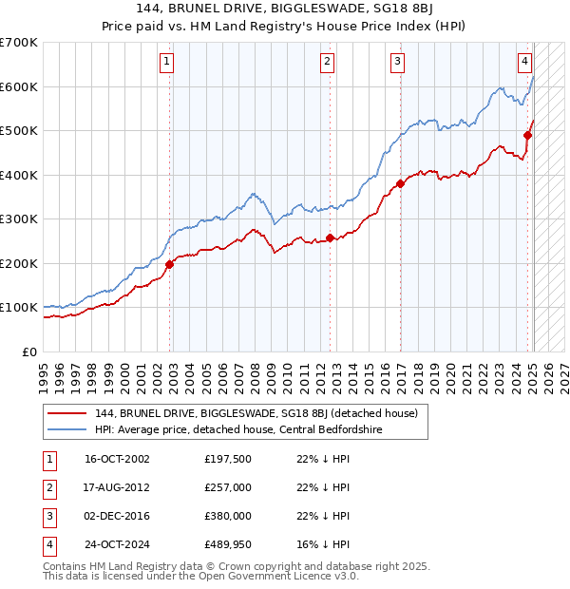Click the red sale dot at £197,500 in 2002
pyautogui.click(x=170, y=264)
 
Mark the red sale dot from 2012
pyautogui.click(x=330, y=237)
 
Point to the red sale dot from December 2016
pyautogui.click(x=400, y=183)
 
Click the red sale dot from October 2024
pyautogui.click(x=528, y=135)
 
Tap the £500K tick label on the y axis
pyautogui.click(x=19, y=130)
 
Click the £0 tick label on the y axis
pyautogui.click(x=30, y=351)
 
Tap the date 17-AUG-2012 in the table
pyautogui.click(x=117, y=487)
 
